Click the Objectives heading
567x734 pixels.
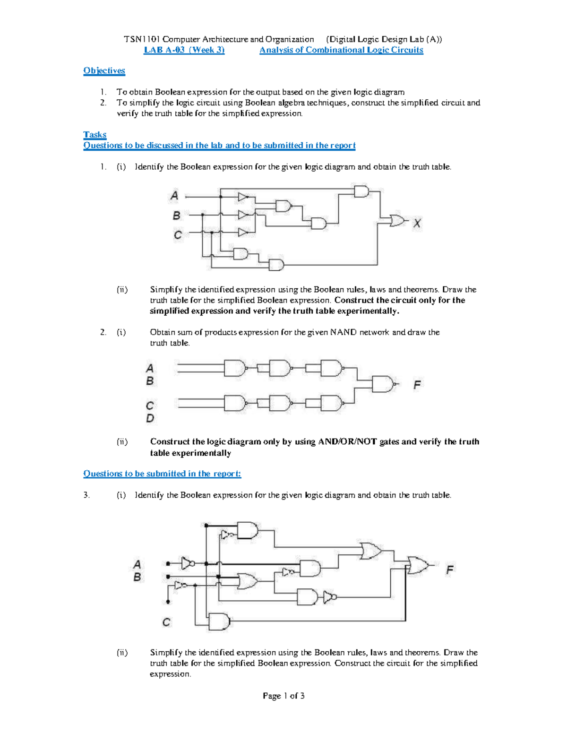104,71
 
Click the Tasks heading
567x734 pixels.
94,135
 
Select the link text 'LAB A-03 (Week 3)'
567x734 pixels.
184,50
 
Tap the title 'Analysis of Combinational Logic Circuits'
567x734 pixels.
341,50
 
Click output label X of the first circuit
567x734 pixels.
417,223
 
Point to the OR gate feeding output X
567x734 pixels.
397,220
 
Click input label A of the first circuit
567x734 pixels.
174,195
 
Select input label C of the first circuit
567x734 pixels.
177,234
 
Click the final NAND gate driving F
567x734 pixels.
383,384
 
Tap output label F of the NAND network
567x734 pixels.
417,385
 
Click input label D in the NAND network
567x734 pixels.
150,418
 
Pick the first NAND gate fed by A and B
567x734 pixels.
234,368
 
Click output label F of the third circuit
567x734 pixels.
449,570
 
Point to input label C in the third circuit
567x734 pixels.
166,622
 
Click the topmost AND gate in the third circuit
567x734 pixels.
247,530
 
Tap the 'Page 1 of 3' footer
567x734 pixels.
283,696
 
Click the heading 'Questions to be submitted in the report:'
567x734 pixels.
162,474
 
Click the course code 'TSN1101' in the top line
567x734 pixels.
142,39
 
